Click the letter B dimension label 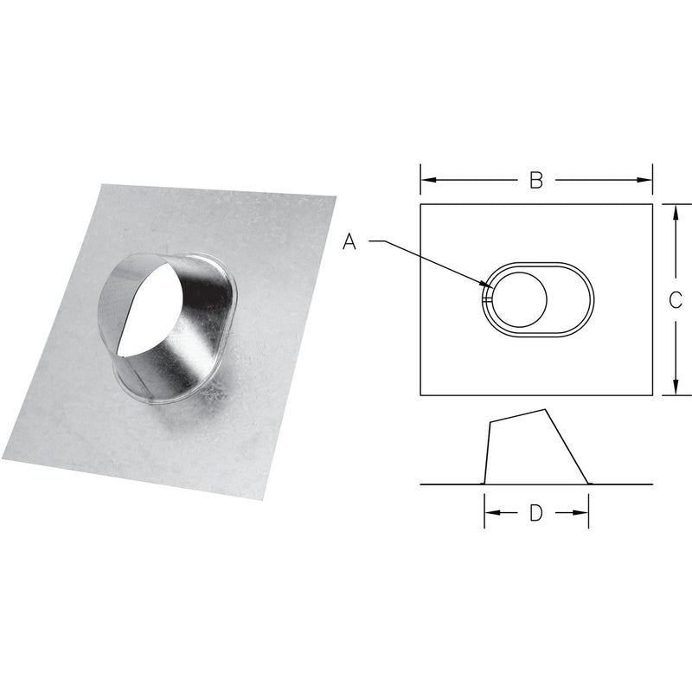coord(535,180)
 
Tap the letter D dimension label coord(535,513)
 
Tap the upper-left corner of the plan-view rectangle coord(421,204)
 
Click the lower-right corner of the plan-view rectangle coord(651,395)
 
